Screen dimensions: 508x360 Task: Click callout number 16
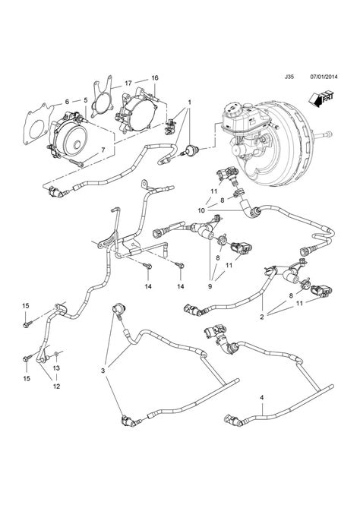[155, 78]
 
